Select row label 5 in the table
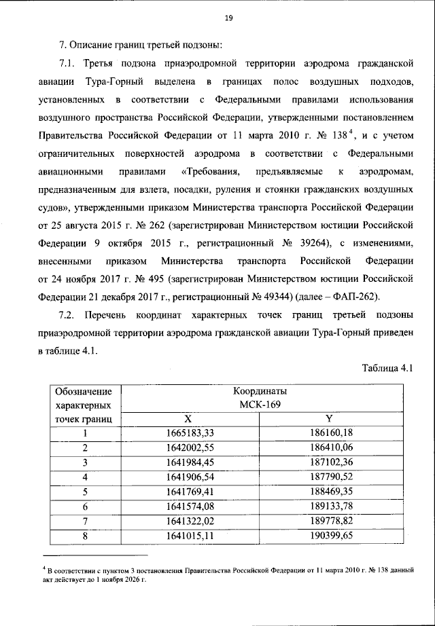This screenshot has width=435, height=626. [x=86, y=491]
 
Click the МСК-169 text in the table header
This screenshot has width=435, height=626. [x=259, y=405]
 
